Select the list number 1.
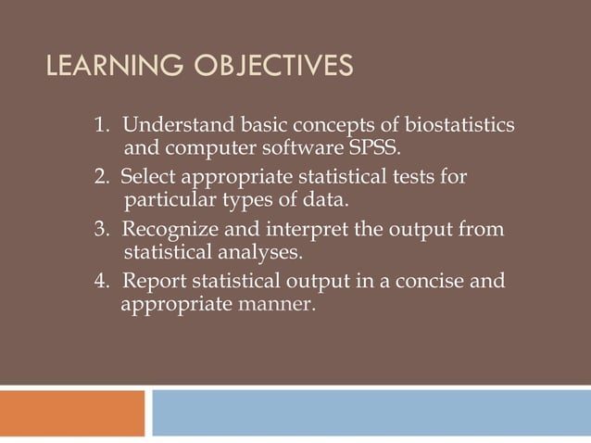pos(101,125)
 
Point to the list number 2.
pos(101,176)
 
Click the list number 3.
pos(101,229)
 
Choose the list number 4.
pos(101,281)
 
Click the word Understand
pos(168,125)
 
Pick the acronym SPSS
pos(374,147)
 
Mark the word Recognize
pos(164,229)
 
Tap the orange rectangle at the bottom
pos(72,412)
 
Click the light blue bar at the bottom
pos(371,412)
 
